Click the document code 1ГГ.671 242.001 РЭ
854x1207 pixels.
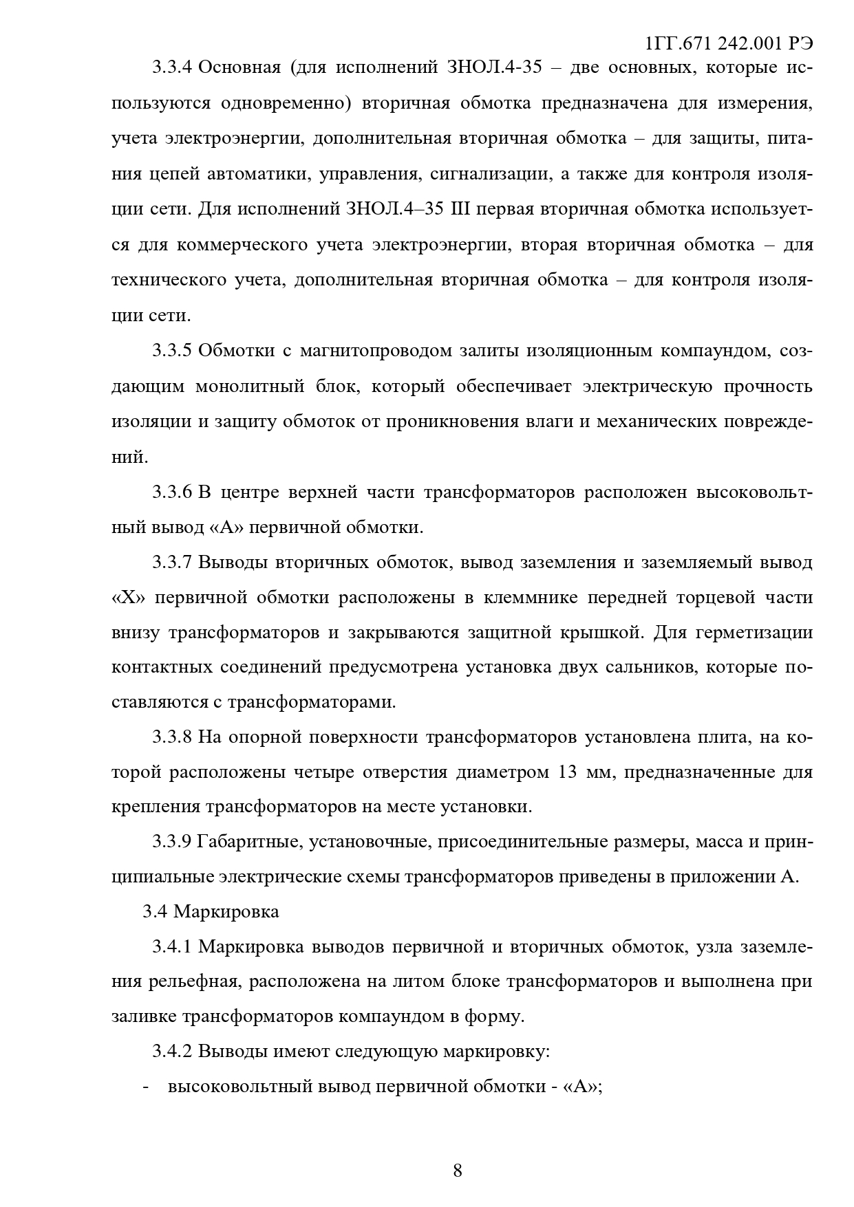729,44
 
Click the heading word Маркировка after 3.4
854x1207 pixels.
226,912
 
